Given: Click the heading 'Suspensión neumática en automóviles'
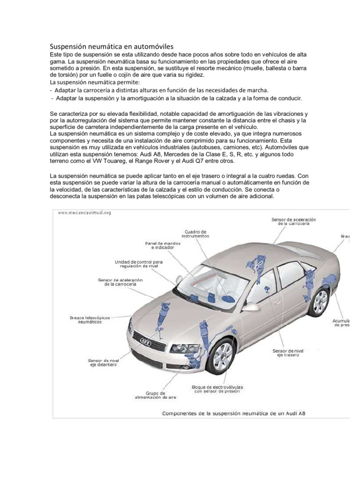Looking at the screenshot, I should coord(112,46).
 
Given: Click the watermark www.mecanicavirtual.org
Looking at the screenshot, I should coord(84,213).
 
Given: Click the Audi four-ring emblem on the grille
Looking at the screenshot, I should coord(145,342).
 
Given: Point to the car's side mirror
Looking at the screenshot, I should coord(250,307).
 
